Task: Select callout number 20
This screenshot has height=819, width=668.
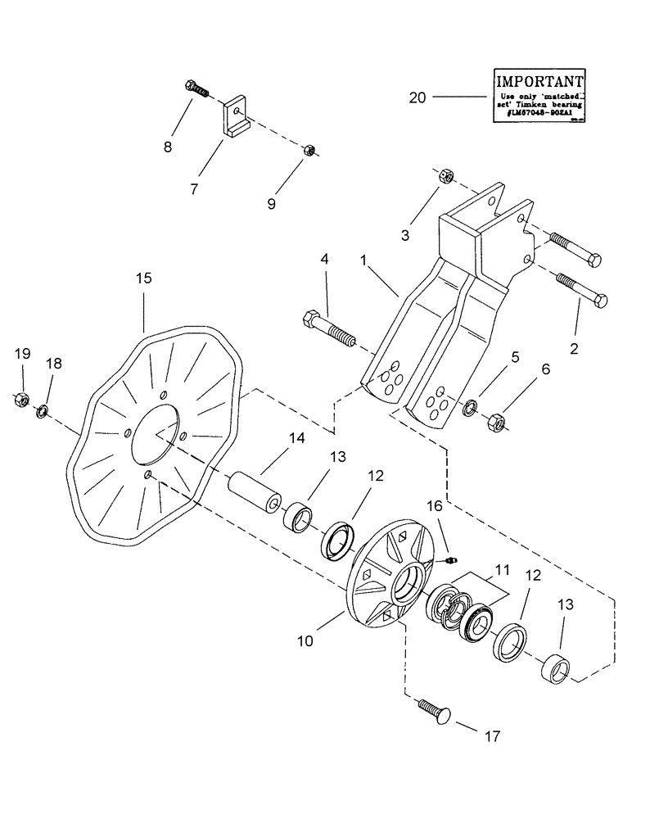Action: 417,97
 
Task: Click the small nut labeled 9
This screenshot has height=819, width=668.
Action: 310,150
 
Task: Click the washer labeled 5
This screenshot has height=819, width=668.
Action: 471,407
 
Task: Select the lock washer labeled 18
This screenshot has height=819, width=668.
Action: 41,409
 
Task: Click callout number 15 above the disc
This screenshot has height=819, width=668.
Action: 143,279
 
